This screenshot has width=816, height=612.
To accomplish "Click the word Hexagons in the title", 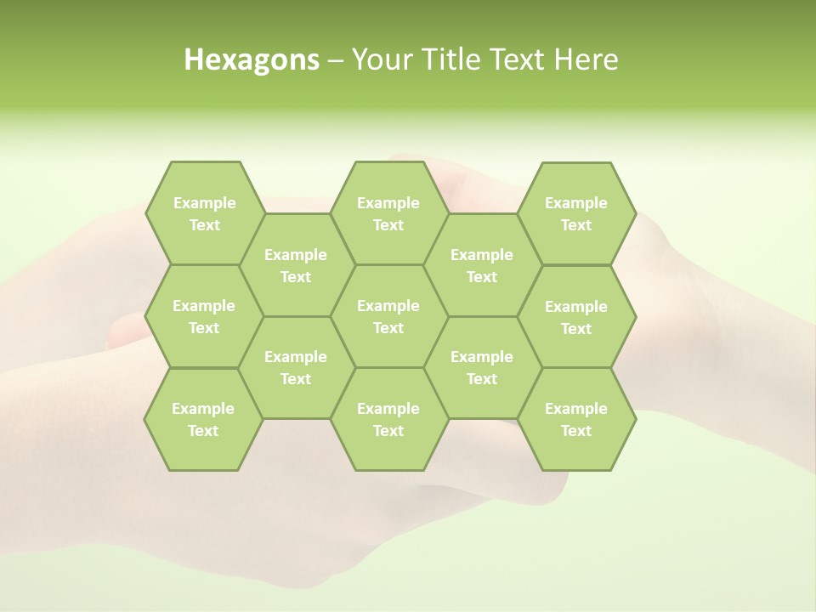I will point(252,59).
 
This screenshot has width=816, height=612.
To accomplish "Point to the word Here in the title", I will point(586,59).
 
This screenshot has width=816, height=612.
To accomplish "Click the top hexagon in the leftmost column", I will point(204,213).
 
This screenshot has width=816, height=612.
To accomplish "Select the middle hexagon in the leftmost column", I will point(204,316).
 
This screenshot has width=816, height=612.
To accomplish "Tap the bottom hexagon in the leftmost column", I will point(203,419).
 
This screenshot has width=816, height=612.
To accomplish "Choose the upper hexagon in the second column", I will point(296,265).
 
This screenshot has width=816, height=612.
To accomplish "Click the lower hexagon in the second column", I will point(296,367).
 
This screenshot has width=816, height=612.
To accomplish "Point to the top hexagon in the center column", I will point(388,213).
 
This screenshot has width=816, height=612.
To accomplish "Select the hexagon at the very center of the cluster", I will point(388,316).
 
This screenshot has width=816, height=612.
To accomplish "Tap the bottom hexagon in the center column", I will point(388,419).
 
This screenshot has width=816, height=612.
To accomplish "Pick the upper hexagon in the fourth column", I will point(482,265).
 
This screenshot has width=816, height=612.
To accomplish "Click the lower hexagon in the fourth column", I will point(482,367).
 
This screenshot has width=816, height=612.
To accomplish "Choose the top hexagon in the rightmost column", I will point(576,213).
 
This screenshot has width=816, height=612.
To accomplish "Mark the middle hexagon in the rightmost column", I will point(576,317).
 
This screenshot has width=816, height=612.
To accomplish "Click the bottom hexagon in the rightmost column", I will point(576,419).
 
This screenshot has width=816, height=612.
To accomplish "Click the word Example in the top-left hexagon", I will point(204,202).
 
